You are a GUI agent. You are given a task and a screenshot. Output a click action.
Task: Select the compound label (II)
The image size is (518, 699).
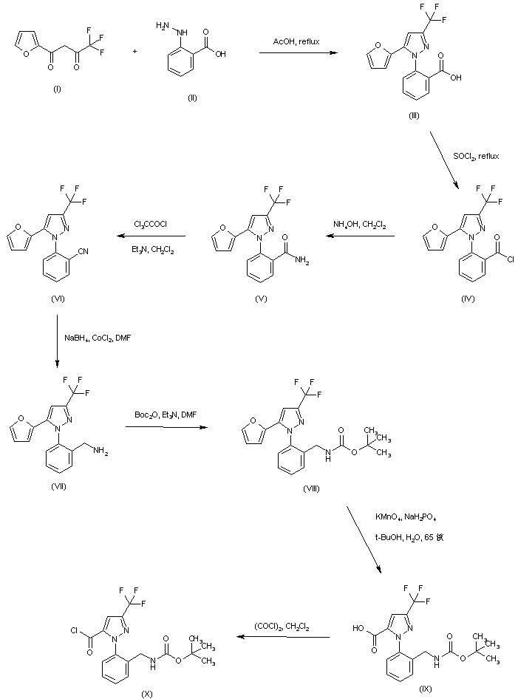coord(192,98)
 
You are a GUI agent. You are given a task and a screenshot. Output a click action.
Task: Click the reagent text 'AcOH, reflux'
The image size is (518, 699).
coord(294,42)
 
